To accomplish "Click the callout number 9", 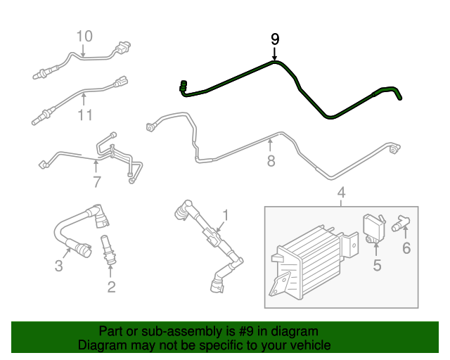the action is pyautogui.click(x=275, y=39).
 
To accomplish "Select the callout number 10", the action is pyautogui.click(x=84, y=36).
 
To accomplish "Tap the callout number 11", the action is pyautogui.click(x=85, y=115).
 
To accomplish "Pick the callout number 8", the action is pyautogui.click(x=271, y=160).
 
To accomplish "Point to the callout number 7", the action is pyautogui.click(x=97, y=181).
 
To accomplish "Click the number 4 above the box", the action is pyautogui.click(x=341, y=193).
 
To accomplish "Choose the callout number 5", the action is pyautogui.click(x=377, y=265).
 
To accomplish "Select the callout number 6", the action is pyautogui.click(x=406, y=248).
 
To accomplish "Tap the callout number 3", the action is pyautogui.click(x=58, y=266).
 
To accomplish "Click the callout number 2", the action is pyautogui.click(x=111, y=287).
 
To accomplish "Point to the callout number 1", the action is pyautogui.click(x=226, y=215).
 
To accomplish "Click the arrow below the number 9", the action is pyautogui.click(x=275, y=54).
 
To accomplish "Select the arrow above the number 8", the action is pyautogui.click(x=270, y=145).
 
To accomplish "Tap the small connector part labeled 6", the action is pyautogui.click(x=401, y=224).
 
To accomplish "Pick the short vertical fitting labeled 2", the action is pyautogui.click(x=108, y=250).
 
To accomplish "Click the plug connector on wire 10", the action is pyautogui.click(x=122, y=48).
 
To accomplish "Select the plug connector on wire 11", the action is pyautogui.click(x=121, y=82).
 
